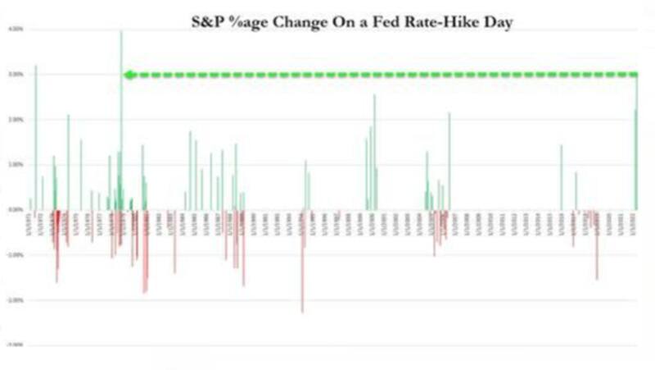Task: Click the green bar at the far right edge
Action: point(636,156)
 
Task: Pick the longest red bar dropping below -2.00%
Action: point(302,263)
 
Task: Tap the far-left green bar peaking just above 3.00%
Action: point(35,135)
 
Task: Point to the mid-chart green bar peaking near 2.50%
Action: point(374,152)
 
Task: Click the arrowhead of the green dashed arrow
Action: point(128,75)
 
